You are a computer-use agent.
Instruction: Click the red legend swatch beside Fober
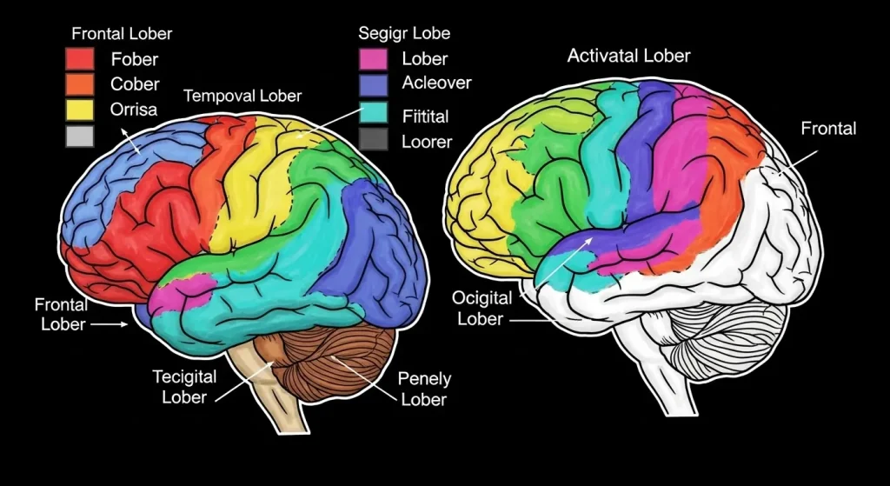coord(80,59)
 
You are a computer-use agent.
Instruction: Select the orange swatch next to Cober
coord(80,84)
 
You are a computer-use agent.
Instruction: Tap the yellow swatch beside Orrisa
coord(80,110)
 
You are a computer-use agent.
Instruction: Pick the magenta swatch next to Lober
coord(373,59)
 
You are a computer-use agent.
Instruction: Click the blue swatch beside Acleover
coord(373,83)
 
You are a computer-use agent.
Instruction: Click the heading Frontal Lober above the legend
coord(121,35)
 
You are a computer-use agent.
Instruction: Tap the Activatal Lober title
coord(628,57)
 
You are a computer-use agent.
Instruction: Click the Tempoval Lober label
coord(242,96)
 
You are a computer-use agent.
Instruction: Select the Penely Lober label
coord(423,389)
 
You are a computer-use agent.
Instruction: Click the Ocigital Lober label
coord(482,308)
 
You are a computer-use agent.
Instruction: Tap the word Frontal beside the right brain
coord(827,129)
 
